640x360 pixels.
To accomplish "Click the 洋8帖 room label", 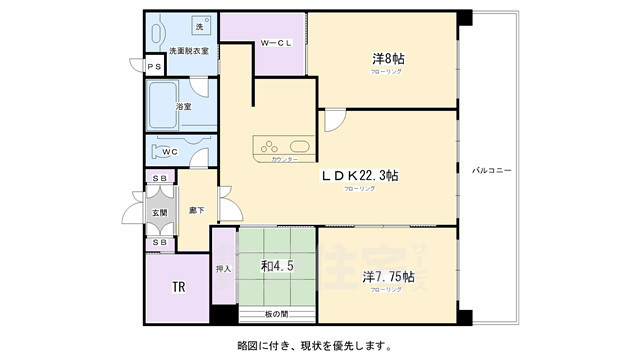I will pos(381,60).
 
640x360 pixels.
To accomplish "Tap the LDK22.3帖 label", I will pos(360,175).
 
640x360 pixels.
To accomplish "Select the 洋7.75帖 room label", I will pos(382,275).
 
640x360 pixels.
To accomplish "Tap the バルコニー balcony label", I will pos(492,171).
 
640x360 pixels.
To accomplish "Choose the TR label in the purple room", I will pos(178,287).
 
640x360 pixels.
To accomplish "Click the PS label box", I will pos(153,67).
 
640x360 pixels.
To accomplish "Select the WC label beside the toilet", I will pos(170,152).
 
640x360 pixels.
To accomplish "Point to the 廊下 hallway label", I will pos(196,210).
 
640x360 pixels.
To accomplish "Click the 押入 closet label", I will pos(223,268).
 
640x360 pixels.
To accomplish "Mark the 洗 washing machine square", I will pos(198,27).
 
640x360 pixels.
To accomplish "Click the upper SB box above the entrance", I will pos(160,177).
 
